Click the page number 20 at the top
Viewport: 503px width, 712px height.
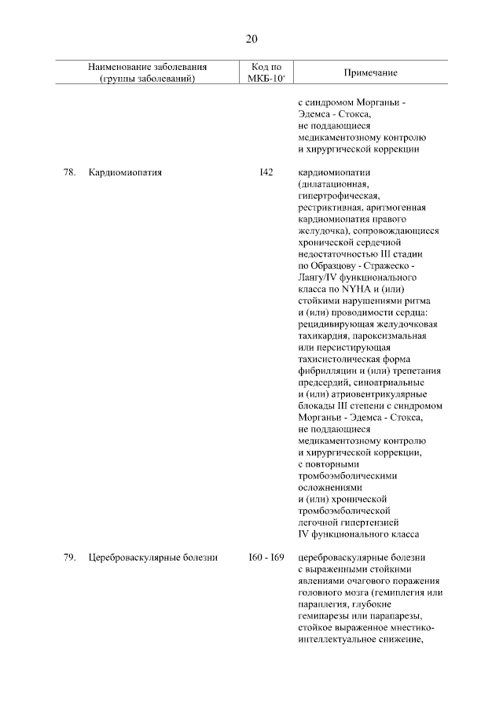click(251, 39)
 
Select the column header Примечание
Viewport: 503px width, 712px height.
click(370, 72)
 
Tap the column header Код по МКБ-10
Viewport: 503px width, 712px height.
click(265, 72)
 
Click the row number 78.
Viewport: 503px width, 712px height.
click(68, 172)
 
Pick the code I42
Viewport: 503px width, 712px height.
click(266, 172)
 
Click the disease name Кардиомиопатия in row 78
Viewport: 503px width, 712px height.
click(126, 172)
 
